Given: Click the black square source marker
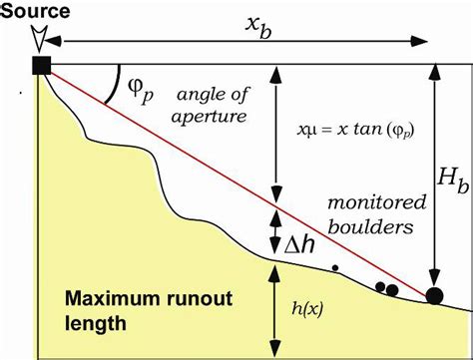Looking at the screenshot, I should point(41,66).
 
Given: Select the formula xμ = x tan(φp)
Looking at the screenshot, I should point(345,131).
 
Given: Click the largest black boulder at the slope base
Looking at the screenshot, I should point(434,295).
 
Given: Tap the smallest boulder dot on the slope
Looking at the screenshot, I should point(336,267).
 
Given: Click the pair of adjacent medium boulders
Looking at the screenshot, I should point(387,289).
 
